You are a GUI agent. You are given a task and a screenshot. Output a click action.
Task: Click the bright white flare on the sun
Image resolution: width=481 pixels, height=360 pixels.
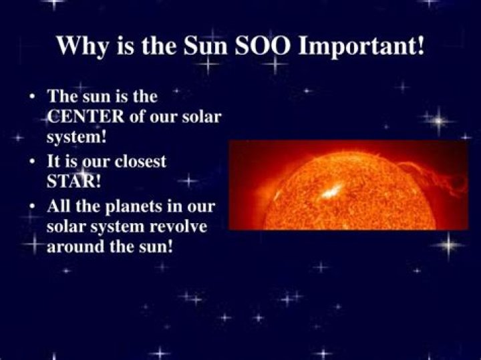(x=329, y=192)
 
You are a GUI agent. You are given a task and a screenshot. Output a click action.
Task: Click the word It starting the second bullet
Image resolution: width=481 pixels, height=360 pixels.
(x=53, y=162)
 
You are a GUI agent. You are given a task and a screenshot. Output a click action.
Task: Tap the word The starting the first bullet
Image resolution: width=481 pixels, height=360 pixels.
(x=61, y=97)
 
